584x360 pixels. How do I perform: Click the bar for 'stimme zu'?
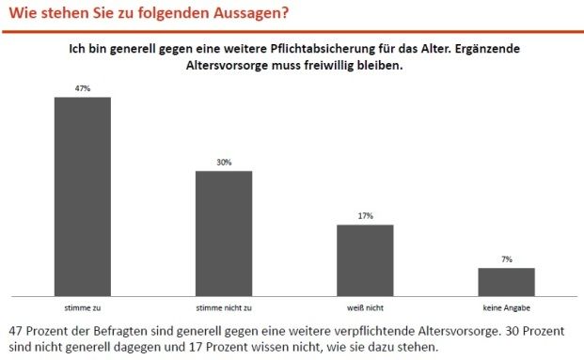83,196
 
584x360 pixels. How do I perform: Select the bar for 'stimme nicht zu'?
224,232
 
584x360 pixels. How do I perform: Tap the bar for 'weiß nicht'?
365,259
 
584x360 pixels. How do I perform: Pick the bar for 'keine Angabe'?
506,281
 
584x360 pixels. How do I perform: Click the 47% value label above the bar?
83,88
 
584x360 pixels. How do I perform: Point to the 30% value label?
224,162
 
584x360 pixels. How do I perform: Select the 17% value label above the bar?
365,216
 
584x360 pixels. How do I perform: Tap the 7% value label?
506,258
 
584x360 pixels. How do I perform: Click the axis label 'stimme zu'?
83,307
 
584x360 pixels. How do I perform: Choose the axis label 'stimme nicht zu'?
224,307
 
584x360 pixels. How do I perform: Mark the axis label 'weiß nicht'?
365,307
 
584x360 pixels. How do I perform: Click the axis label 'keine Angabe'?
506,307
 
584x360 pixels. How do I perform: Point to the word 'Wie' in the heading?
22,13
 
